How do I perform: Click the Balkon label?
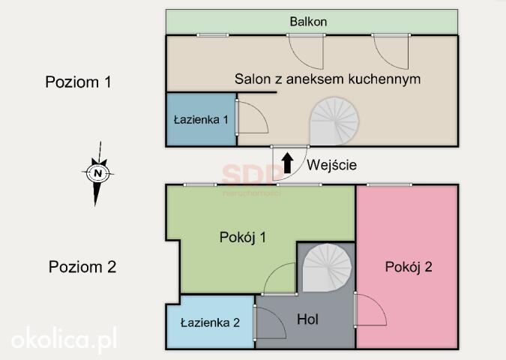(x=308, y=22)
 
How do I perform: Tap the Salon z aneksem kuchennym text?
(x=328, y=79)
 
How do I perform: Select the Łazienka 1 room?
(x=202, y=120)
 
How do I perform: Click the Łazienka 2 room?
(x=210, y=322)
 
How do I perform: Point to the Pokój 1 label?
(x=243, y=237)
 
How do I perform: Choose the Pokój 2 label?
(x=409, y=267)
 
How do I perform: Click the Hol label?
(x=307, y=319)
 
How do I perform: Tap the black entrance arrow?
(x=287, y=163)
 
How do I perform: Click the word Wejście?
(x=332, y=165)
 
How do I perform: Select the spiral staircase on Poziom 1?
(x=334, y=121)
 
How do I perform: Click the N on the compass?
(x=97, y=172)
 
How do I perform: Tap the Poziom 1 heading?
(x=79, y=82)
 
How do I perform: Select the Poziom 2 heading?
(x=82, y=267)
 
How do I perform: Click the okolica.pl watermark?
(x=64, y=339)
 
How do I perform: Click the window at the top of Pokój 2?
(x=389, y=184)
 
